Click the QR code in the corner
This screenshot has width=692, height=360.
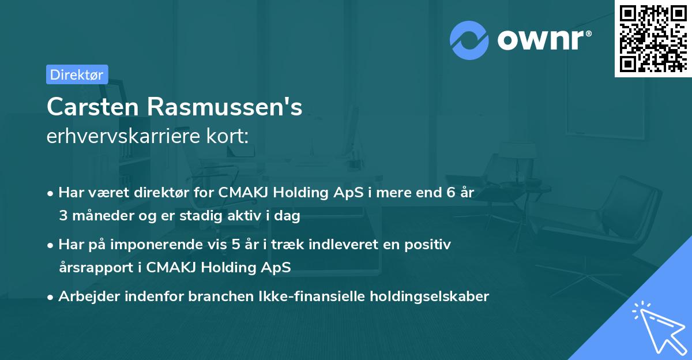click(x=653, y=39)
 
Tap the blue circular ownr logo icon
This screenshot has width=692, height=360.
click(x=470, y=40)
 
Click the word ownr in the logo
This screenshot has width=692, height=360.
click(x=543, y=40)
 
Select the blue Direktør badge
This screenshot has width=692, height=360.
click(x=77, y=74)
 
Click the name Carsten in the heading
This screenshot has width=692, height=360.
click(x=92, y=107)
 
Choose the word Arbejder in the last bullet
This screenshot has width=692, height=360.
click(x=86, y=297)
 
